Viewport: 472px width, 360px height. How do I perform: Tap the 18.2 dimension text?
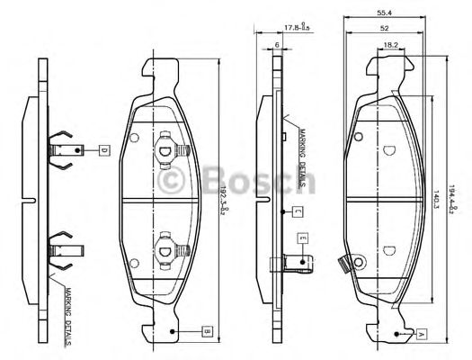391,44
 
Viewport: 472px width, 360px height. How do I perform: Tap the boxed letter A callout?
421,332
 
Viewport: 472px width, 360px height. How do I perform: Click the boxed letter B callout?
206,331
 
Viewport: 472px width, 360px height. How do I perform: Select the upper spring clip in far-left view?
64,149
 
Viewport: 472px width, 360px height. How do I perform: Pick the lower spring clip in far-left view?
64,247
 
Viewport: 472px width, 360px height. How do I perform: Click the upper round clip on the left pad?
165,147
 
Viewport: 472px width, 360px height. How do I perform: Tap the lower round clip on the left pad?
165,245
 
